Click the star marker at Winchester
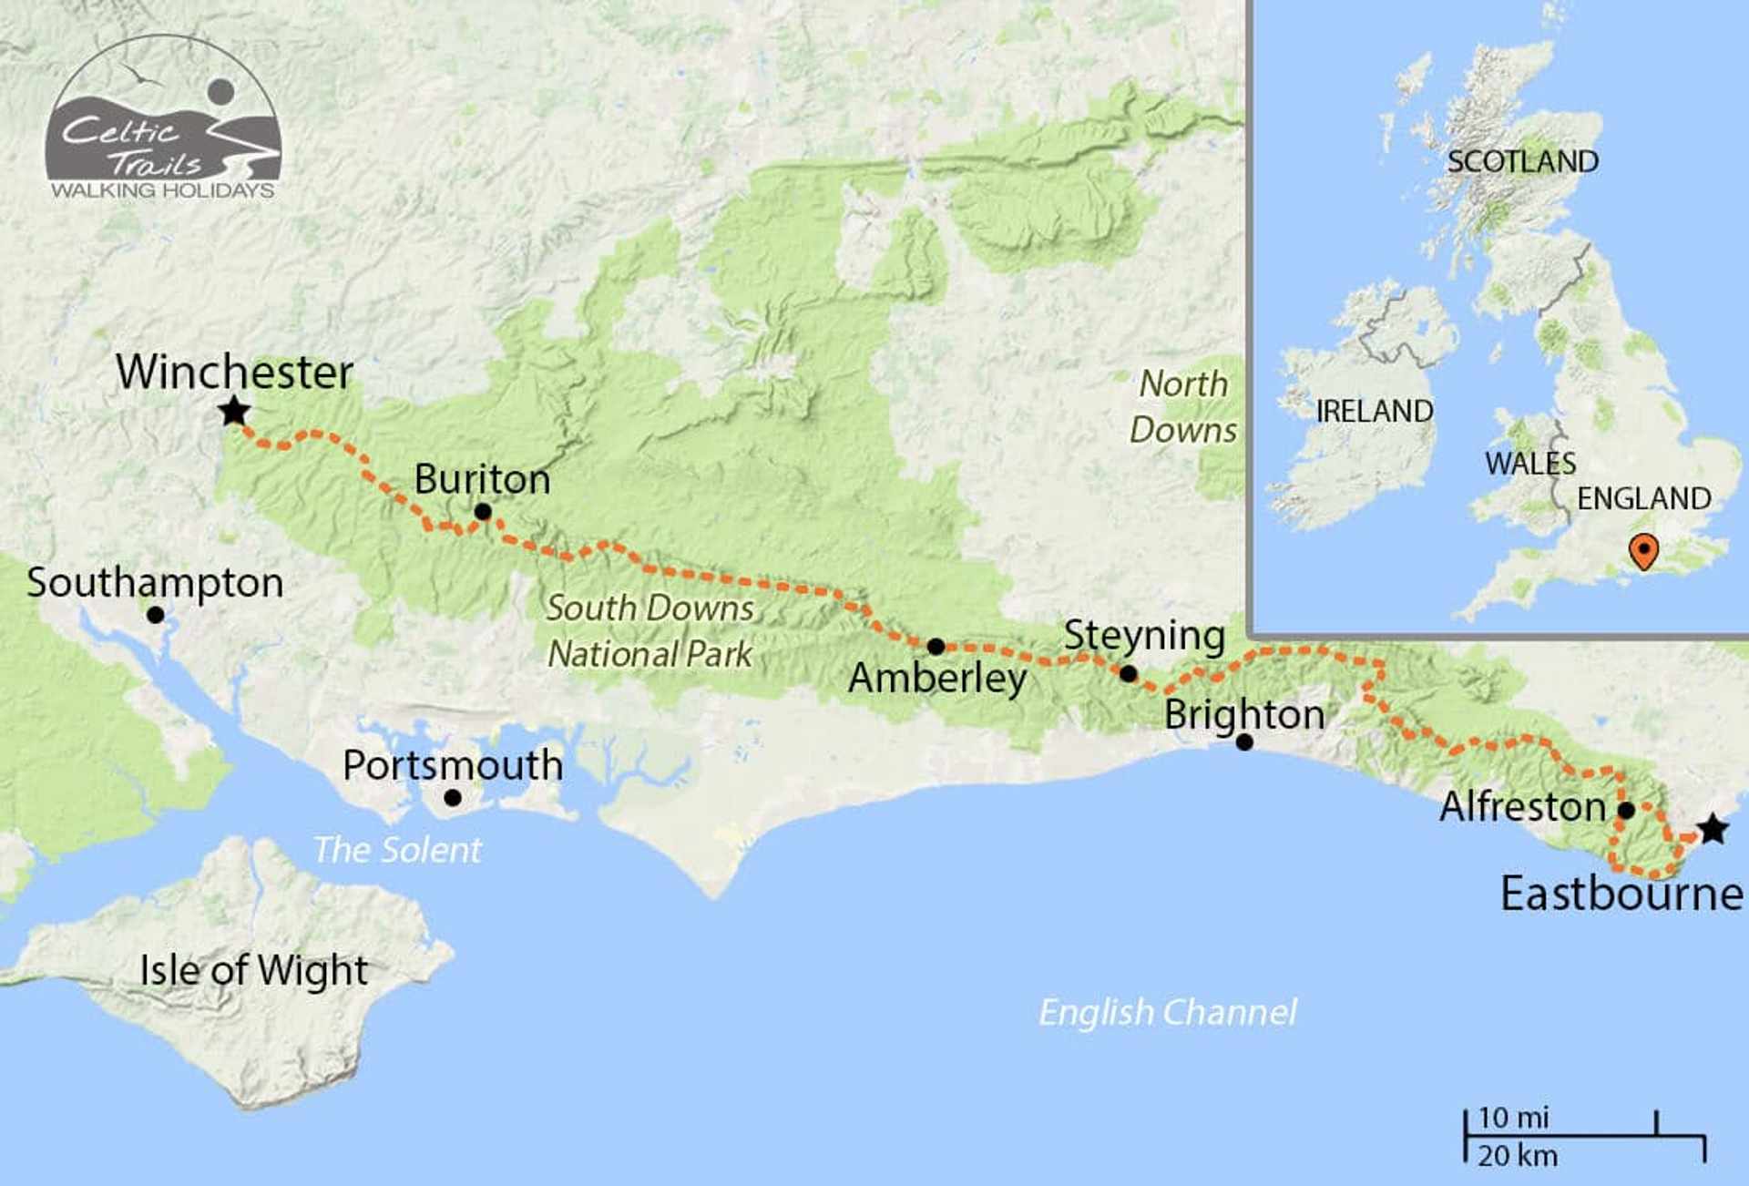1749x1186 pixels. tap(234, 411)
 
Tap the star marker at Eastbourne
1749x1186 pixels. tap(1713, 829)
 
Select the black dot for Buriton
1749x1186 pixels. tap(483, 512)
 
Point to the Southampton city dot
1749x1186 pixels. tap(156, 615)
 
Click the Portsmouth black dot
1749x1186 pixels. tap(452, 798)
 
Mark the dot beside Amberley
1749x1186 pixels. tap(936, 647)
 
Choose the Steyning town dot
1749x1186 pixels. tap(1128, 674)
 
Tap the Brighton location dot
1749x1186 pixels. tap(1244, 742)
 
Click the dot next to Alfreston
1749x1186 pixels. tap(1626, 810)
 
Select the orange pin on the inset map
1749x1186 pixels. tap(1643, 550)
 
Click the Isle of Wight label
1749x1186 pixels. tap(253, 970)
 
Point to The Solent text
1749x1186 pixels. tap(397, 850)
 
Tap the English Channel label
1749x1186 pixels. tap(1168, 1012)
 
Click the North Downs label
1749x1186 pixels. tap(1183, 406)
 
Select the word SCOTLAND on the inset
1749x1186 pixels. tap(1522, 162)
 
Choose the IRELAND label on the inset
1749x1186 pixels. tap(1374, 411)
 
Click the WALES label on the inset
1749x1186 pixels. tap(1529, 464)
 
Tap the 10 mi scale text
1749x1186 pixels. tap(1513, 1118)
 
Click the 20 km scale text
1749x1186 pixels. tap(1517, 1156)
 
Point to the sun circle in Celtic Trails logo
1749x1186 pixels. tap(220, 92)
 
